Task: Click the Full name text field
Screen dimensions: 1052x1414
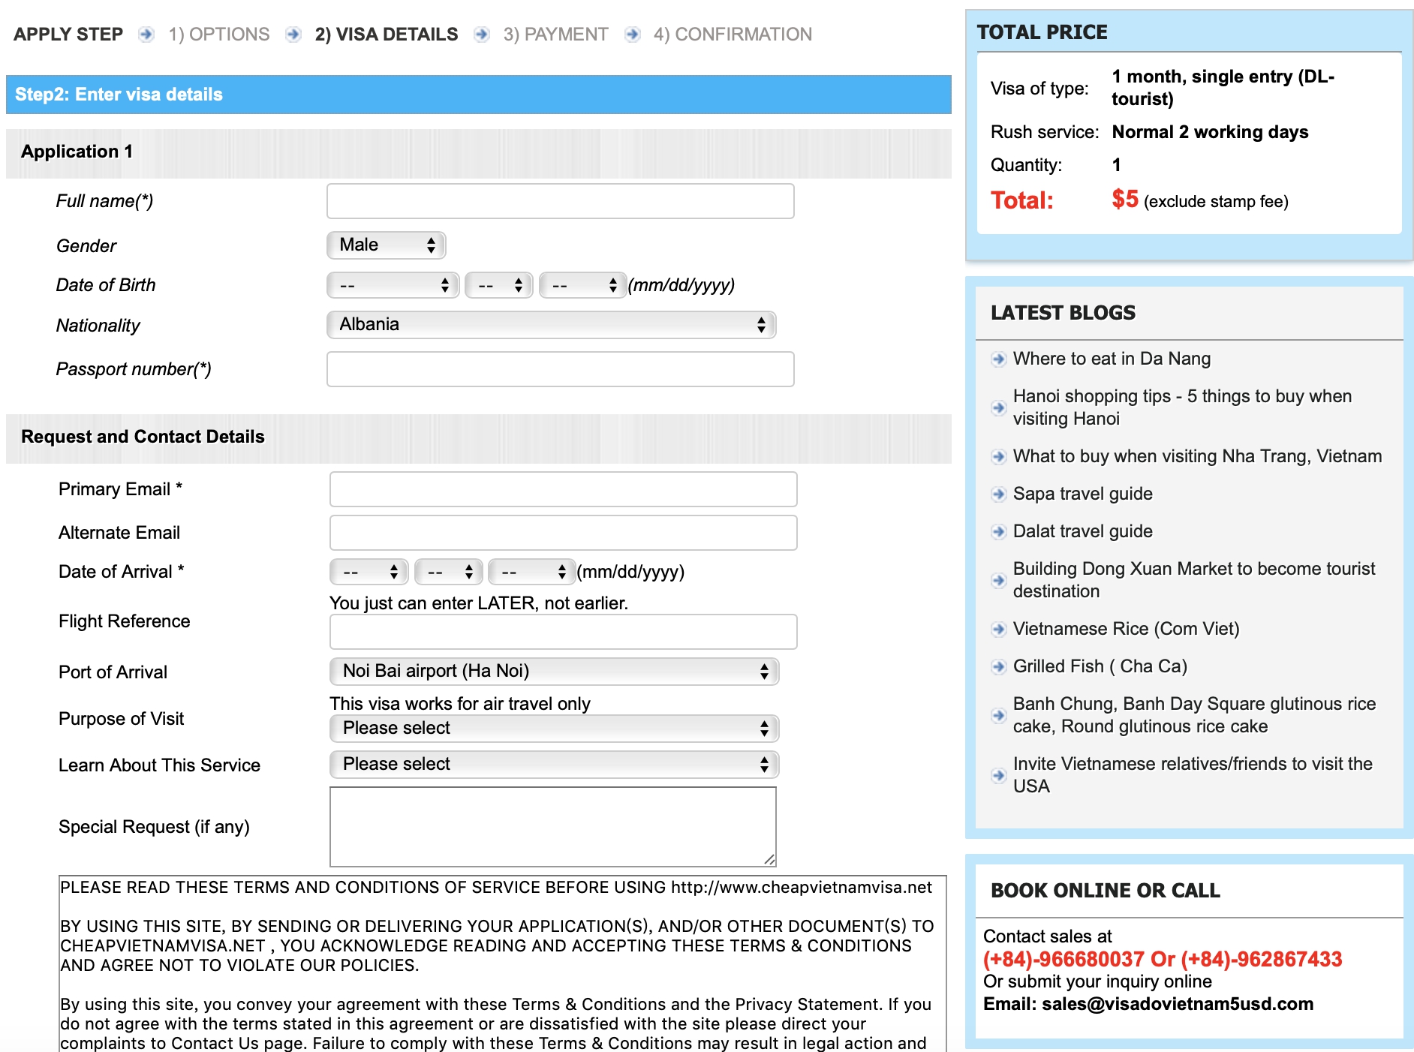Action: [560, 201]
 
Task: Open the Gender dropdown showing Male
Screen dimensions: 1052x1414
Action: [387, 245]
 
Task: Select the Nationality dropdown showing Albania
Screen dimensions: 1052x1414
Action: [551, 324]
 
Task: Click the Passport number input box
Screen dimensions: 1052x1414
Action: [560, 369]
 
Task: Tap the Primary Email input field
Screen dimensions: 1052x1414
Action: [563, 489]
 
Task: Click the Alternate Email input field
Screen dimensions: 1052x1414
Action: [563, 533]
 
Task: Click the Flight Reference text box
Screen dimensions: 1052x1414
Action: [563, 632]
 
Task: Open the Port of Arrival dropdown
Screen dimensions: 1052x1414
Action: [554, 671]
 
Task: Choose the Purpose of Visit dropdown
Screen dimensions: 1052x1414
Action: [554, 728]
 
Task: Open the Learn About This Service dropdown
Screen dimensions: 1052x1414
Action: [554, 764]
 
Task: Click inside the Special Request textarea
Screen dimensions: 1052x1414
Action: [552, 826]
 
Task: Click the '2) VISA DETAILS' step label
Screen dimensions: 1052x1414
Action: [386, 35]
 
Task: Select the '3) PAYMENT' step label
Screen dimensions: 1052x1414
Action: [555, 35]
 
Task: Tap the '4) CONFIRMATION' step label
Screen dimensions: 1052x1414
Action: [733, 35]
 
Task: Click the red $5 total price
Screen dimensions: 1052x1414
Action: [1124, 200]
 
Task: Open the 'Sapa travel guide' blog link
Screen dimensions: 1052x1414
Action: [1082, 494]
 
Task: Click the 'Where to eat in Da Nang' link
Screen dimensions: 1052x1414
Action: [1112, 359]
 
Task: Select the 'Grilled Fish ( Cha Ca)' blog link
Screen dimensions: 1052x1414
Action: [1100, 666]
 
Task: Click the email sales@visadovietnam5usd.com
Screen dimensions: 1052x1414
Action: [1177, 1004]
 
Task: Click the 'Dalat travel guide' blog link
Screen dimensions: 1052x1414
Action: [1082, 531]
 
